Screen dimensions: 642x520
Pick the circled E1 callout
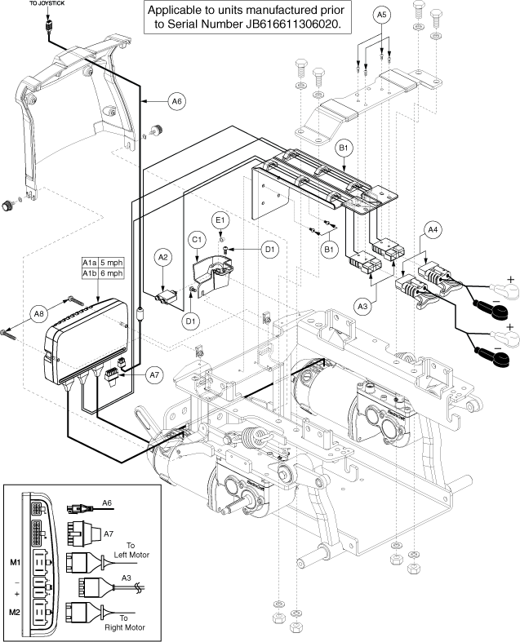tap(219, 221)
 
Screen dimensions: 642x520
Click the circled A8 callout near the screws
tap(37, 313)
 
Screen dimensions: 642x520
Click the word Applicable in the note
tap(175, 11)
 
